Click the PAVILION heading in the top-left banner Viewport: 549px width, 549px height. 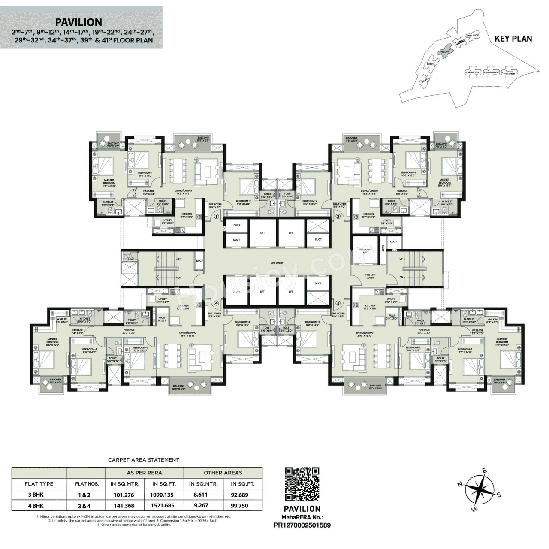coord(79,22)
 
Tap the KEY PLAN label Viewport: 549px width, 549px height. coord(513,39)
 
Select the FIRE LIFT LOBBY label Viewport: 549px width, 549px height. coord(370,275)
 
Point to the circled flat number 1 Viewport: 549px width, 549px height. coord(217,217)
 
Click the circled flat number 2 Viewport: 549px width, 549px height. coord(338,217)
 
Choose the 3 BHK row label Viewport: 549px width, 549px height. coord(39,495)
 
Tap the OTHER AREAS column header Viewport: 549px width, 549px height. coord(223,473)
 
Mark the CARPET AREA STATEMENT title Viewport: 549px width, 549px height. coord(144,460)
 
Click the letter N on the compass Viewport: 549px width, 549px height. coord(459,484)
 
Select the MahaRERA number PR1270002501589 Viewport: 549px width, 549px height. coord(302,525)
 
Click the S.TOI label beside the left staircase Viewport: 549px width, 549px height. coord(130,258)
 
